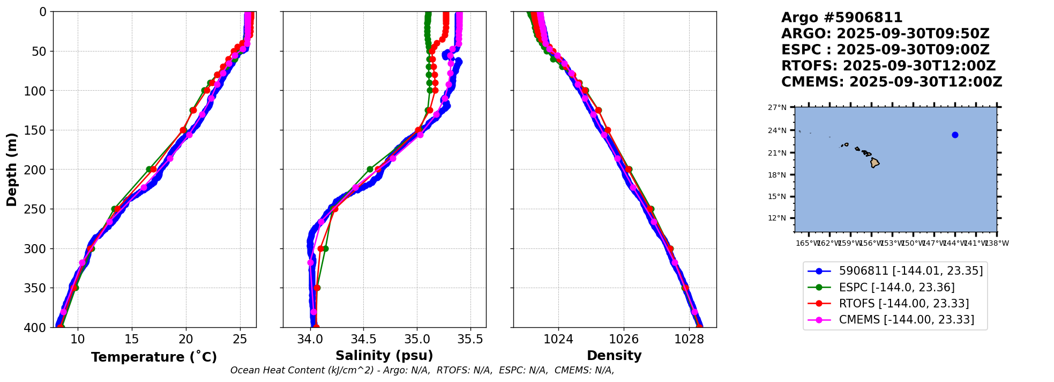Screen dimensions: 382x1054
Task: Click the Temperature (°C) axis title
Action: click(x=154, y=357)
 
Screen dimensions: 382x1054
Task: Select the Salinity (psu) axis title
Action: click(x=384, y=356)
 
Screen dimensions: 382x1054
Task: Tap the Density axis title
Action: click(x=614, y=356)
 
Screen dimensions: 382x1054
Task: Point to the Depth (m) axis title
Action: click(x=12, y=169)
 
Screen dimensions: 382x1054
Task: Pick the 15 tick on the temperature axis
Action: click(x=132, y=339)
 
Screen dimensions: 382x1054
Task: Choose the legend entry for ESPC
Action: click(x=896, y=288)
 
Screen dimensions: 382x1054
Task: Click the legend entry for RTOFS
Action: click(x=903, y=304)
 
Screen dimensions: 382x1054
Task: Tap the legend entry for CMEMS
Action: click(x=906, y=320)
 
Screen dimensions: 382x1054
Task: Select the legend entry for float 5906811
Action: click(x=910, y=271)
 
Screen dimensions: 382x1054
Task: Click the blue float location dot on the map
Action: click(x=955, y=135)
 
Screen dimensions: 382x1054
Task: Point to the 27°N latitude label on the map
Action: click(x=777, y=108)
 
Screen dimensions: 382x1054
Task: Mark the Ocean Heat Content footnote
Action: click(x=422, y=370)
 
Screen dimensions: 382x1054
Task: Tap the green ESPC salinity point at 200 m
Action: click(x=370, y=169)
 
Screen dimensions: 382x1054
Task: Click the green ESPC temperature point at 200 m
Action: click(x=149, y=169)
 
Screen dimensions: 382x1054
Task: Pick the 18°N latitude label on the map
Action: click(x=777, y=175)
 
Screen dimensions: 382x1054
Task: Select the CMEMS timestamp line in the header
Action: click(x=891, y=82)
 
